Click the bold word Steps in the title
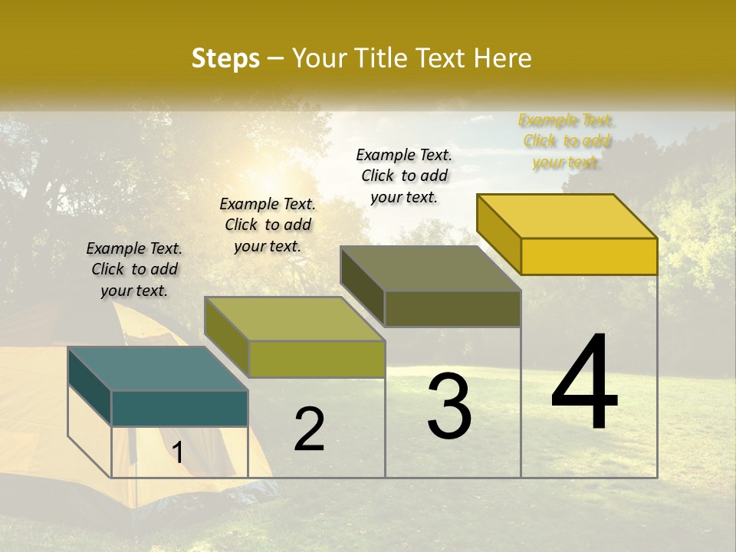click(x=225, y=58)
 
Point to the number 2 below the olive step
click(x=309, y=429)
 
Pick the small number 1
click(x=178, y=452)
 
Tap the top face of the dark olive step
click(x=430, y=268)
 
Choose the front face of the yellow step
click(x=589, y=256)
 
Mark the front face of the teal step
click(x=179, y=408)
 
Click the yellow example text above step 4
click(x=567, y=141)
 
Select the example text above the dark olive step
click(x=404, y=176)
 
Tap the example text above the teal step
click(x=134, y=269)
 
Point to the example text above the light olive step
click(x=268, y=225)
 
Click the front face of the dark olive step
click(x=452, y=308)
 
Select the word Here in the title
click(x=503, y=58)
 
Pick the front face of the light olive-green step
click(x=316, y=359)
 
